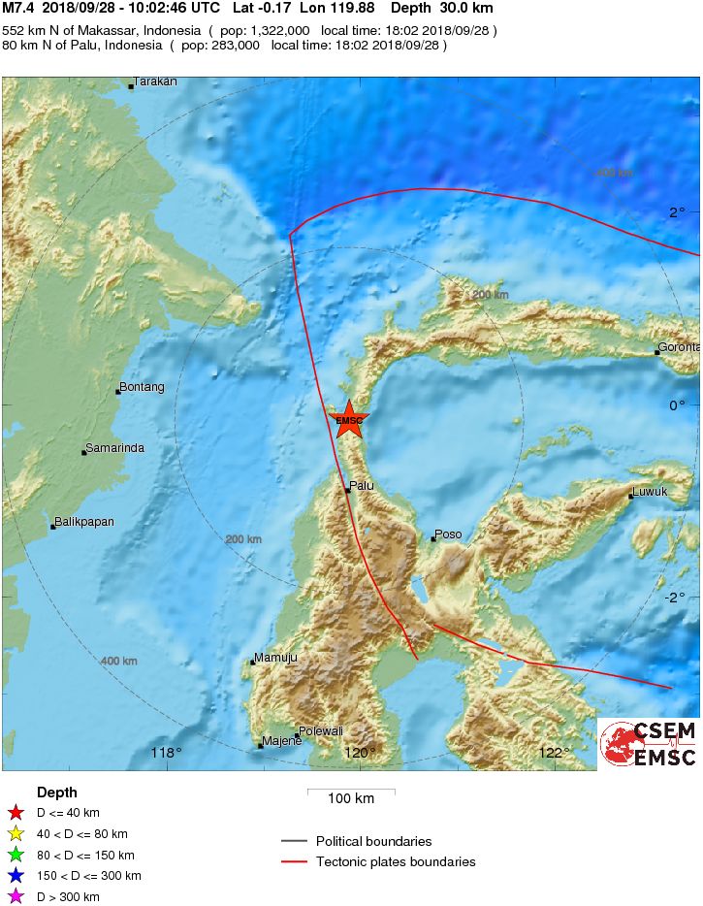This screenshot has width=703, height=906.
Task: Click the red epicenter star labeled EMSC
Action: coord(347,419)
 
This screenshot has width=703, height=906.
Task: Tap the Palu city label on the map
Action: coord(362,485)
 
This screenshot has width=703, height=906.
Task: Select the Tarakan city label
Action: coord(155,81)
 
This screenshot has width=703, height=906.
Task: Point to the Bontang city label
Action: coord(142,387)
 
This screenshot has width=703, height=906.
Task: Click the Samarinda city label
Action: coord(115,448)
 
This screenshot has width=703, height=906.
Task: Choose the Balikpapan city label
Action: coord(83,522)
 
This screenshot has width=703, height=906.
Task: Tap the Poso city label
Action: coord(448,534)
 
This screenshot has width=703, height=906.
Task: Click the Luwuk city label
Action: coord(650,492)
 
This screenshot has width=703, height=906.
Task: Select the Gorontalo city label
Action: coord(679,346)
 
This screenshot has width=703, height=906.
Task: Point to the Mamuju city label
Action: coord(275,658)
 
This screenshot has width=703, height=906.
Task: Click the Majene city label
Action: coord(282,742)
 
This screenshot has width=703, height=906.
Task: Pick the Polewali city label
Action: coord(321,730)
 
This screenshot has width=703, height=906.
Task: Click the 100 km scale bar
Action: coord(351,792)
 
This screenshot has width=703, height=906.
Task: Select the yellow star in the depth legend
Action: coord(15,834)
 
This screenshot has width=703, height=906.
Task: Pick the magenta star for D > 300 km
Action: coord(15,897)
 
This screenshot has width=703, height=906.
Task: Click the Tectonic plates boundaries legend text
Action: coord(395,861)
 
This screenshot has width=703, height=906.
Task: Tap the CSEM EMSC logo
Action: coord(647,743)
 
